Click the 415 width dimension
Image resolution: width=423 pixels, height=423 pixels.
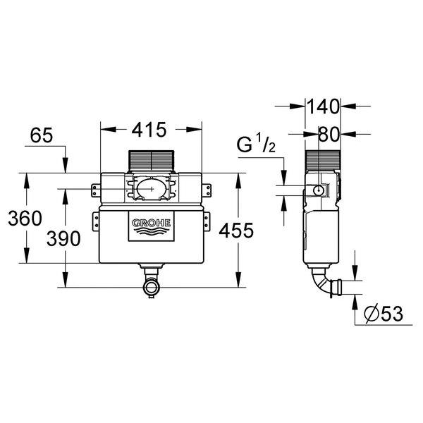151,130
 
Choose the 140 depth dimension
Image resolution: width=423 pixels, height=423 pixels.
324,106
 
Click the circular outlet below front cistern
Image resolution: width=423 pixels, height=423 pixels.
149,287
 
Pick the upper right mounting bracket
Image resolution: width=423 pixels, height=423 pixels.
207,189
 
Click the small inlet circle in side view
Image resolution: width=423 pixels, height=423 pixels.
319,190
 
